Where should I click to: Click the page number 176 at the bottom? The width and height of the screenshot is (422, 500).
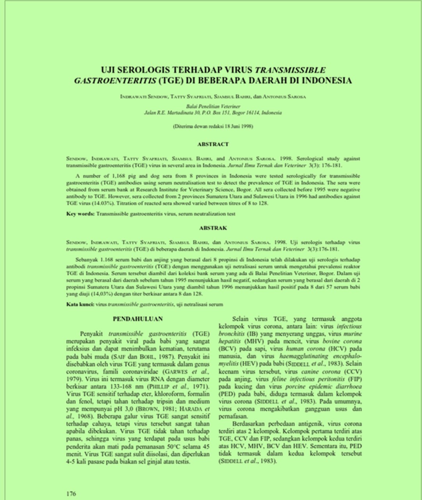[x=71, y=494]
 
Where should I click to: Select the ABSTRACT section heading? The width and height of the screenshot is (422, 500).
[x=213, y=144]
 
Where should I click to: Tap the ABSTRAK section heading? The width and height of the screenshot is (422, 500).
[x=213, y=228]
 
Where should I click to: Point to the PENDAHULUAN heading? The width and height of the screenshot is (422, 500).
[x=138, y=319]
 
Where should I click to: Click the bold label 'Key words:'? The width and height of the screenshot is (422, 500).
[x=80, y=214]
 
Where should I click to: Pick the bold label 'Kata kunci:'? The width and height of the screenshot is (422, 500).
[x=80, y=304]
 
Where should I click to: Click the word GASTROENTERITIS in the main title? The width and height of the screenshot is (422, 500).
[x=115, y=81]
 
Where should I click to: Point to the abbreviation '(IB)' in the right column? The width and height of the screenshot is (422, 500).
[x=251, y=334]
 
